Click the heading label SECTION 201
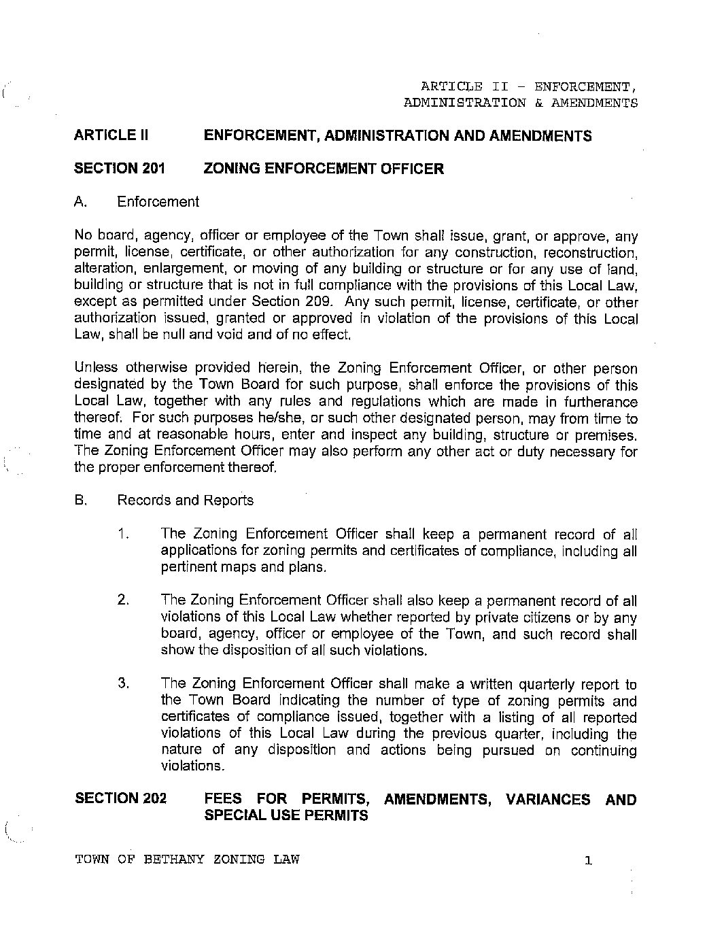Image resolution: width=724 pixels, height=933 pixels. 119,169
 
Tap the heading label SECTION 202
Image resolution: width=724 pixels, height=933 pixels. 120,798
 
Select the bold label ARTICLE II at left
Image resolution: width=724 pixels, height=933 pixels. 110,135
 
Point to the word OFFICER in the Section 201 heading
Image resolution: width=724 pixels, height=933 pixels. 411,169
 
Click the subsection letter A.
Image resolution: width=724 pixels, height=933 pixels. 81,202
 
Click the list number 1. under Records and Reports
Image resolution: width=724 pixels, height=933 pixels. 123,535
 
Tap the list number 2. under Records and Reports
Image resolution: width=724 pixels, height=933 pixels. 123,600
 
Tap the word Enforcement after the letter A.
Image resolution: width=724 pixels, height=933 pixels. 158,202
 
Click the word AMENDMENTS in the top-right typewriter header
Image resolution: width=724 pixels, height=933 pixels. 594,103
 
